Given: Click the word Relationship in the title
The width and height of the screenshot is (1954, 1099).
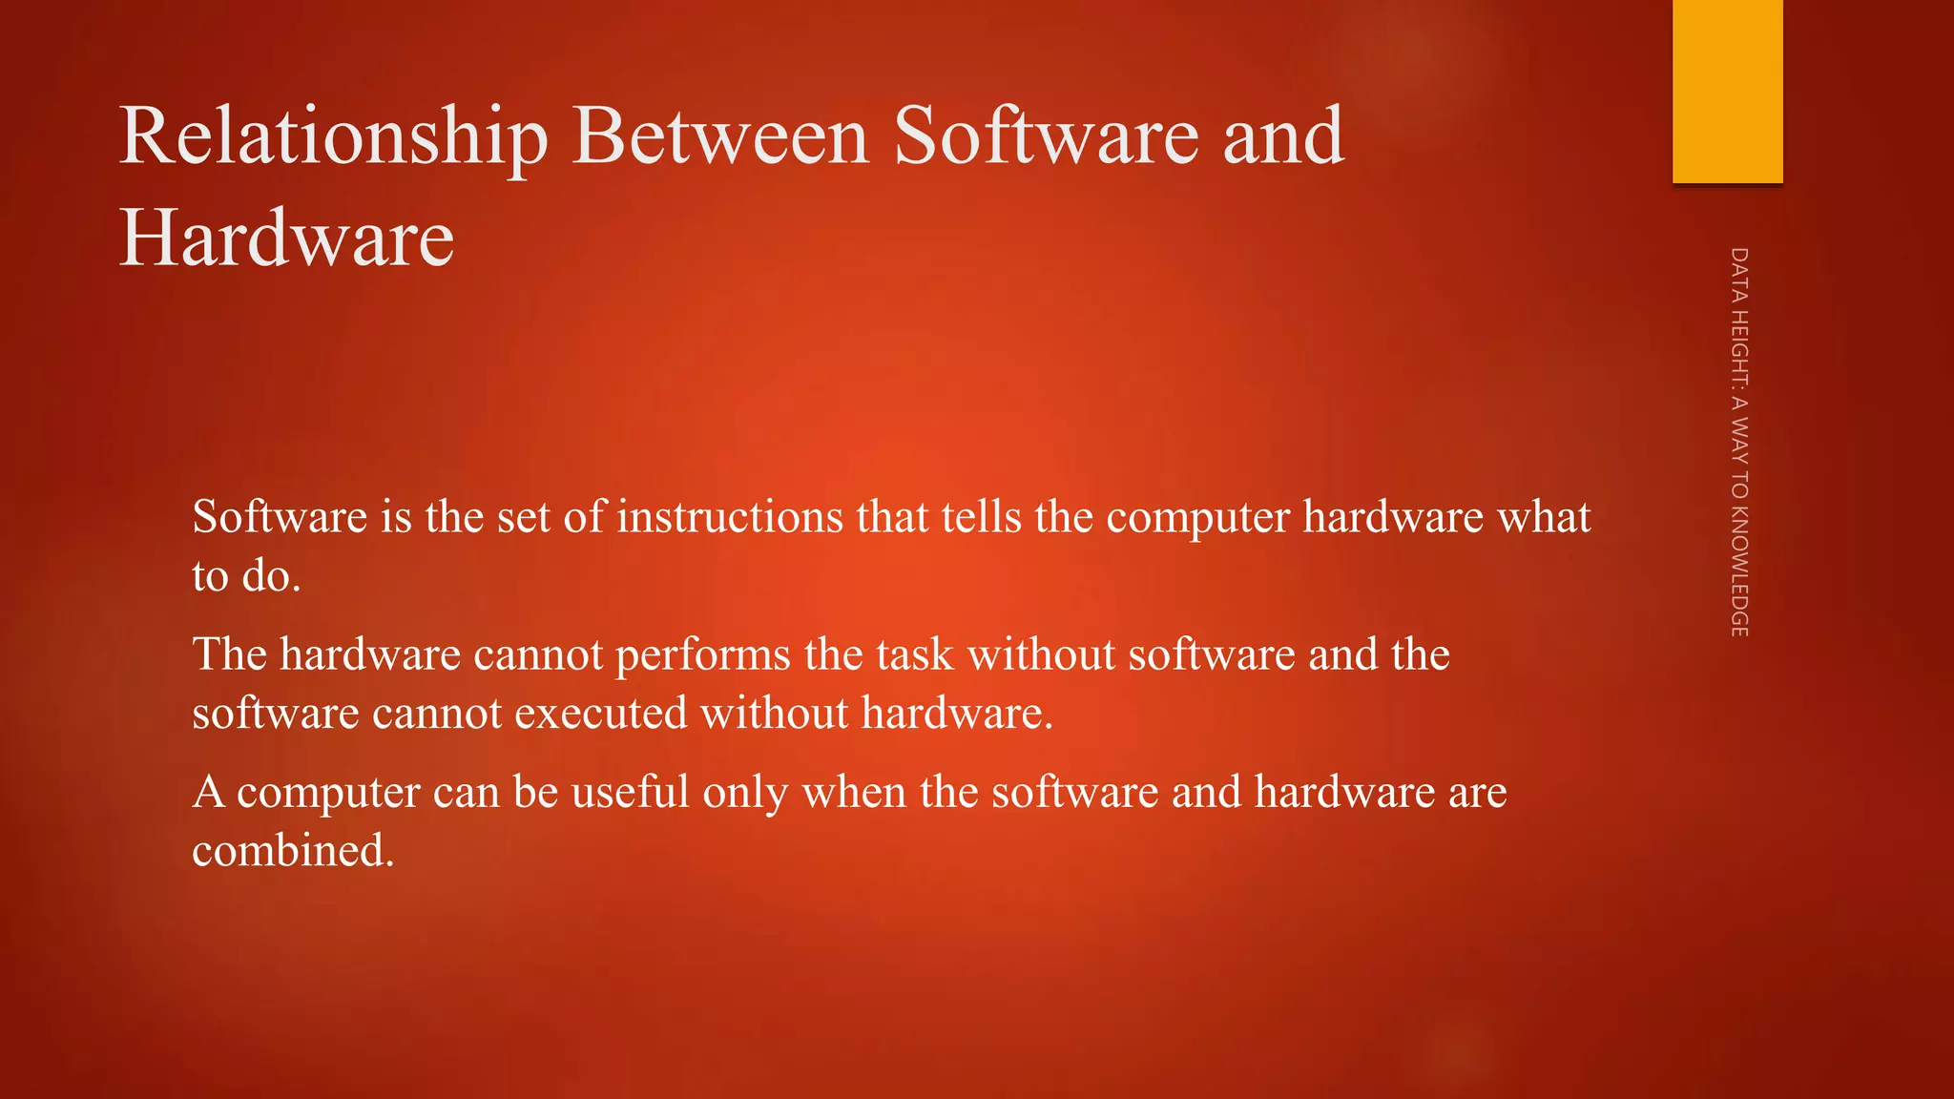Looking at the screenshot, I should tap(334, 137).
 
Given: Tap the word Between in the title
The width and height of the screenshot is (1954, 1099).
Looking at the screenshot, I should tap(720, 135).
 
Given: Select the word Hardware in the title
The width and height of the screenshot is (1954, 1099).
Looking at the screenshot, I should tap(286, 238).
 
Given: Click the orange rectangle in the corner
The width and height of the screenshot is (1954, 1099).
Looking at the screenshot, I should tap(1727, 91).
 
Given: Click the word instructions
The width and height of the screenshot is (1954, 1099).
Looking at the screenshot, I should tap(730, 517).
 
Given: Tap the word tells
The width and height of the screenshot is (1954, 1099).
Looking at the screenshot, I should tap(982, 517).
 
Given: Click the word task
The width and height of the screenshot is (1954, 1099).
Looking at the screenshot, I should tap(915, 654).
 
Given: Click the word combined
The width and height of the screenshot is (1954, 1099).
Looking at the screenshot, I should tap(293, 850).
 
